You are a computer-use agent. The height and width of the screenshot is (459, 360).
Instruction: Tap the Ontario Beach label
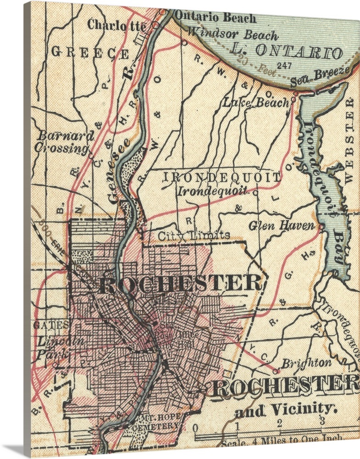click(216, 18)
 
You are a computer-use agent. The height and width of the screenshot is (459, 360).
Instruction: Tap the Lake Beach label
click(256, 102)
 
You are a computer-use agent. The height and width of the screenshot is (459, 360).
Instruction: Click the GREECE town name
click(90, 52)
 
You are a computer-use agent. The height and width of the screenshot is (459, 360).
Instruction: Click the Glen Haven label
click(282, 226)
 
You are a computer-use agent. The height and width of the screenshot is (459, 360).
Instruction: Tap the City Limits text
click(194, 235)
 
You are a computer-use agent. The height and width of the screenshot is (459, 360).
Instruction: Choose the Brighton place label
click(306, 362)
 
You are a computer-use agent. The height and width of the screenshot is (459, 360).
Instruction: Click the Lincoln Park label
click(54, 347)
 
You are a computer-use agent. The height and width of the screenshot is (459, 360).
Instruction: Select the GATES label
click(50, 325)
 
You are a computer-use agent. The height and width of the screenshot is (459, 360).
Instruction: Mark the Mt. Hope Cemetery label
click(155, 422)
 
